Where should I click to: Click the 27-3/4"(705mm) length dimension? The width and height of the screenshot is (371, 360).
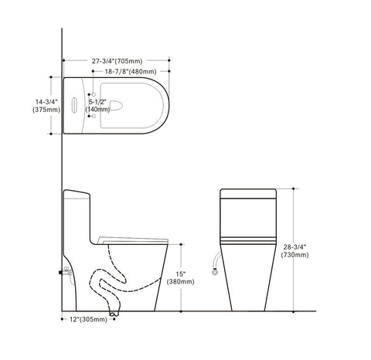(115, 59)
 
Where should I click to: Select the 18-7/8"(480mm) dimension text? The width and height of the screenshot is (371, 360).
(126, 70)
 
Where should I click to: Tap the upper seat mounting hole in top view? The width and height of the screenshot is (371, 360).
(94, 93)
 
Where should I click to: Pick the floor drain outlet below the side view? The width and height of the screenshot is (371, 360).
(114, 311)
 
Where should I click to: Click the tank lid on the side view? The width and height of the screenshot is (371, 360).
(78, 192)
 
